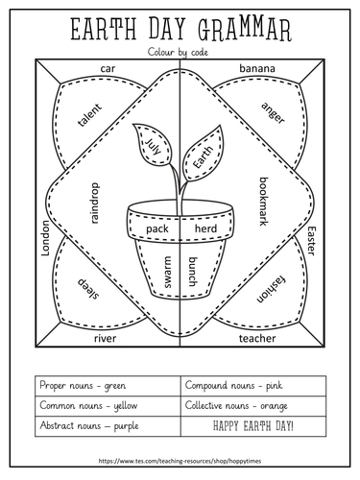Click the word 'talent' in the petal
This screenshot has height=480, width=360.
[89, 114]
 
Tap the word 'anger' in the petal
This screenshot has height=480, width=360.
[273, 112]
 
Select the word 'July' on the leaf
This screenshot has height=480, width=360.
[154, 146]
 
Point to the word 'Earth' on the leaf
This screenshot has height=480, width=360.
[203, 157]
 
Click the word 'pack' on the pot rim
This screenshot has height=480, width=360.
[157, 228]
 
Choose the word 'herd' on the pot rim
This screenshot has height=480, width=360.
[205, 228]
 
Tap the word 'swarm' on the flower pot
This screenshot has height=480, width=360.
[167, 272]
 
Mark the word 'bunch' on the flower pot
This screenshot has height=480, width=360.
[192, 272]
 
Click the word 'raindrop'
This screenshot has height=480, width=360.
[95, 204]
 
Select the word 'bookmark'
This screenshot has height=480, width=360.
[263, 202]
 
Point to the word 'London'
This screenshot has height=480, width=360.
[46, 238]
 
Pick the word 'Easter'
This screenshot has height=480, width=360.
[311, 241]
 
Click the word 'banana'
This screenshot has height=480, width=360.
[257, 68]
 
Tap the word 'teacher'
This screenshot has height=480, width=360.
[257, 338]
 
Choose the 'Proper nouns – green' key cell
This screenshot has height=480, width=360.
[108, 386]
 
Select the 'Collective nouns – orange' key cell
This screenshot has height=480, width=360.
[253, 406]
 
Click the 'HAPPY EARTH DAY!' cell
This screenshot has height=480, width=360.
[253, 426]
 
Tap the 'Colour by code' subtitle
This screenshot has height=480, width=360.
[178, 52]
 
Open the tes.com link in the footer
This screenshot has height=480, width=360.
[180, 461]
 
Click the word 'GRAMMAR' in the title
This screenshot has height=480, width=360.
[245, 30]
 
